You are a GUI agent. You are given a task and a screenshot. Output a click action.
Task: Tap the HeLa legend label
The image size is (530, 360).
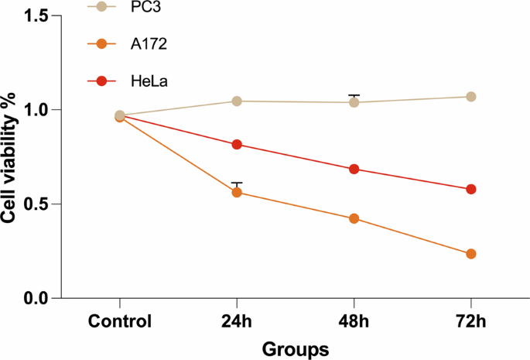[149, 81]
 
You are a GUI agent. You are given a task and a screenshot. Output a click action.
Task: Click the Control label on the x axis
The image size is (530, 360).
[120, 322]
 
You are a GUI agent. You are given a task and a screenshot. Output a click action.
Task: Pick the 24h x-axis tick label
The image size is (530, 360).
[237, 322]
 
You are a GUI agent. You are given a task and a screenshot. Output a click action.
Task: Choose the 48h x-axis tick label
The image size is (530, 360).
[354, 322]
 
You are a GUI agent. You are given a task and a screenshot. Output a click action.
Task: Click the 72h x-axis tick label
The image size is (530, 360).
[471, 322]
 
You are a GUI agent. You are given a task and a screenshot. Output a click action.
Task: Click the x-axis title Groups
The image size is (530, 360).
[294, 348]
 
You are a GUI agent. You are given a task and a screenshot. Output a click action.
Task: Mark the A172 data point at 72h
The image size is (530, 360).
[471, 254]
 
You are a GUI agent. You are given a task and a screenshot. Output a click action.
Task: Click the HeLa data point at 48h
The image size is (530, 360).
[354, 169]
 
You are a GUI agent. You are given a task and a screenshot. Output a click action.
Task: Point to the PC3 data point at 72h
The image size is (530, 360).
[471, 97]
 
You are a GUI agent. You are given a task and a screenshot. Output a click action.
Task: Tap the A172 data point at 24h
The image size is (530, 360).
[237, 192]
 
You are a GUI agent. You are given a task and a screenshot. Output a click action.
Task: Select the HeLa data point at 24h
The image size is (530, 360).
[237, 145]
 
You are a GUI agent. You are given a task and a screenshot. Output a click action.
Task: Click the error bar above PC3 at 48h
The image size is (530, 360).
[354, 95]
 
